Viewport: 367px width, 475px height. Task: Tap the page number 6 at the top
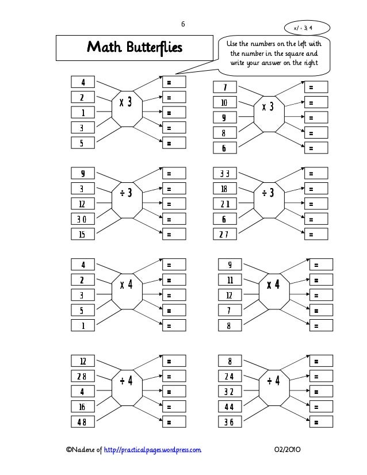click(x=183, y=24)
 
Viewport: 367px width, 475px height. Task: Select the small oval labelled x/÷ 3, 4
click(x=311, y=27)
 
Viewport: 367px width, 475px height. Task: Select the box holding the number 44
click(x=230, y=407)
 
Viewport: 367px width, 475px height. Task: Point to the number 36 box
click(x=230, y=422)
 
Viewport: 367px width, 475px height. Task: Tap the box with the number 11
click(x=230, y=281)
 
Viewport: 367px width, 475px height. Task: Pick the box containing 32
click(x=230, y=392)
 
